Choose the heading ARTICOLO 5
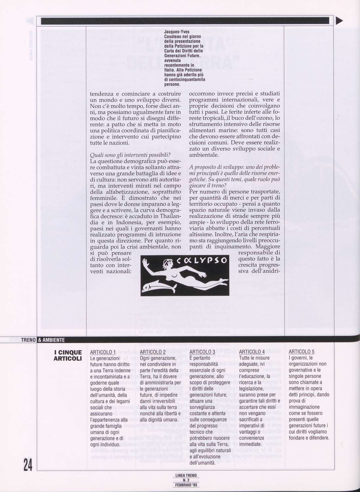[302, 352]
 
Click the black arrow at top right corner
[339, 21]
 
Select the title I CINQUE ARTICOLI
[68, 356]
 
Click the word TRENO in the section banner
[28, 339]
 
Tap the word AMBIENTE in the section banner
[53, 339]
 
